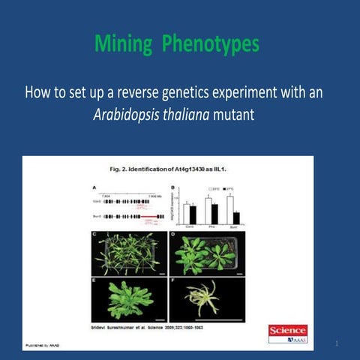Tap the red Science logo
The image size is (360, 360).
[x=288, y=330]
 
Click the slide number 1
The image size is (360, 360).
[x=338, y=343]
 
